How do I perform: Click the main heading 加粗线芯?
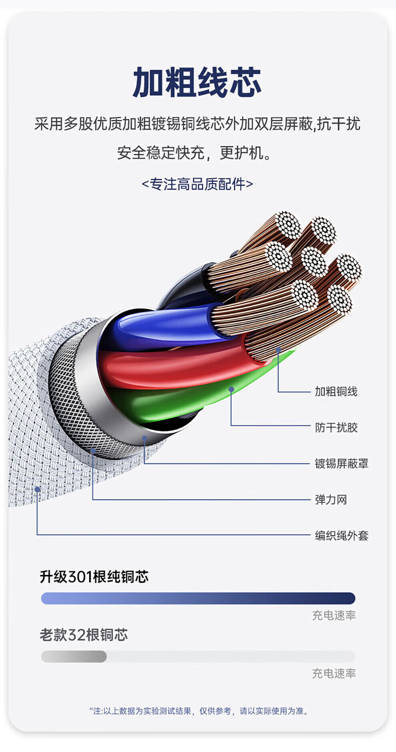pyautogui.click(x=197, y=83)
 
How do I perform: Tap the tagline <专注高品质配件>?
pyautogui.click(x=197, y=184)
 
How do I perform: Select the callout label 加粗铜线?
pyautogui.click(x=336, y=391)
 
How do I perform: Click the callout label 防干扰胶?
pyautogui.click(x=336, y=427)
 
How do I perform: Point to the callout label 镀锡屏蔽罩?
pyautogui.click(x=341, y=463)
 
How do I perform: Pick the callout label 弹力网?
pyautogui.click(x=331, y=499)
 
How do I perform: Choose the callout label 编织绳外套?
pyautogui.click(x=341, y=535)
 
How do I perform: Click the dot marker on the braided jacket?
pyautogui.click(x=37, y=489)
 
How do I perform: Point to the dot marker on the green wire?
pyautogui.click(x=231, y=389)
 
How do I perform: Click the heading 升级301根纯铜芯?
pyautogui.click(x=94, y=577)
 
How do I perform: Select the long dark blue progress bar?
pyautogui.click(x=198, y=598)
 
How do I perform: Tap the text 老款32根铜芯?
pyautogui.click(x=84, y=635)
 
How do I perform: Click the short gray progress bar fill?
pyautogui.click(x=74, y=656)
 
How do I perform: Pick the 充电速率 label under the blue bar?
pyautogui.click(x=334, y=615)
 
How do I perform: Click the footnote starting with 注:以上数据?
pyautogui.click(x=199, y=711)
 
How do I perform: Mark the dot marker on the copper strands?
pyautogui.click(x=278, y=349)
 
